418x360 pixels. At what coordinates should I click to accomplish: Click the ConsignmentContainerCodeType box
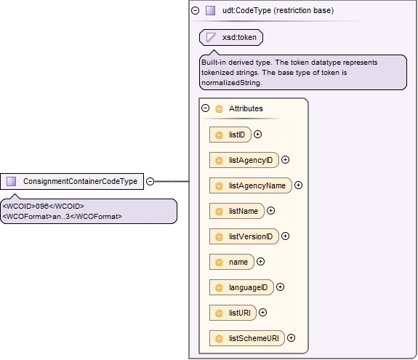(72, 181)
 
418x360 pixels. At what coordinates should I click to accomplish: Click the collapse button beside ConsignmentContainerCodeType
(150, 181)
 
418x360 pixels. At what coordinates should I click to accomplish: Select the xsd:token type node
(231, 37)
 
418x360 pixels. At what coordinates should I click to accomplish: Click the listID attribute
(230, 135)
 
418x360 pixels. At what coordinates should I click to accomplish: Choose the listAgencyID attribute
(244, 160)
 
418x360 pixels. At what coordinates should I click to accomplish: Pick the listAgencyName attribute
(251, 185)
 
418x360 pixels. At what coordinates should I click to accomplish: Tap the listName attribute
(237, 211)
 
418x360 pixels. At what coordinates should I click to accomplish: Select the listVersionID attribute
(244, 236)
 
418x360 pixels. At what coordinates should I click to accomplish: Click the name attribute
(232, 262)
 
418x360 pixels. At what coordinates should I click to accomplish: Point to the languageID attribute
(241, 287)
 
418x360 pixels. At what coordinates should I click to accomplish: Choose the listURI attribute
(233, 313)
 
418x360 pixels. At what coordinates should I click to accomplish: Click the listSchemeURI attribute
(247, 338)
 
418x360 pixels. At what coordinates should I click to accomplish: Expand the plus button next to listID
(257, 134)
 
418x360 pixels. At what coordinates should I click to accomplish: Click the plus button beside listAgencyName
(298, 185)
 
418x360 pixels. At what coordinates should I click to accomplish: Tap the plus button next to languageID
(280, 287)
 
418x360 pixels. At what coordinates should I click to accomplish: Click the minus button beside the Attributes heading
(205, 108)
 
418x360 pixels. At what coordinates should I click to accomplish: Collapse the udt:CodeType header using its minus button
(195, 10)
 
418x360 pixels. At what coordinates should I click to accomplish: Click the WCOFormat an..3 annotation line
(62, 216)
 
